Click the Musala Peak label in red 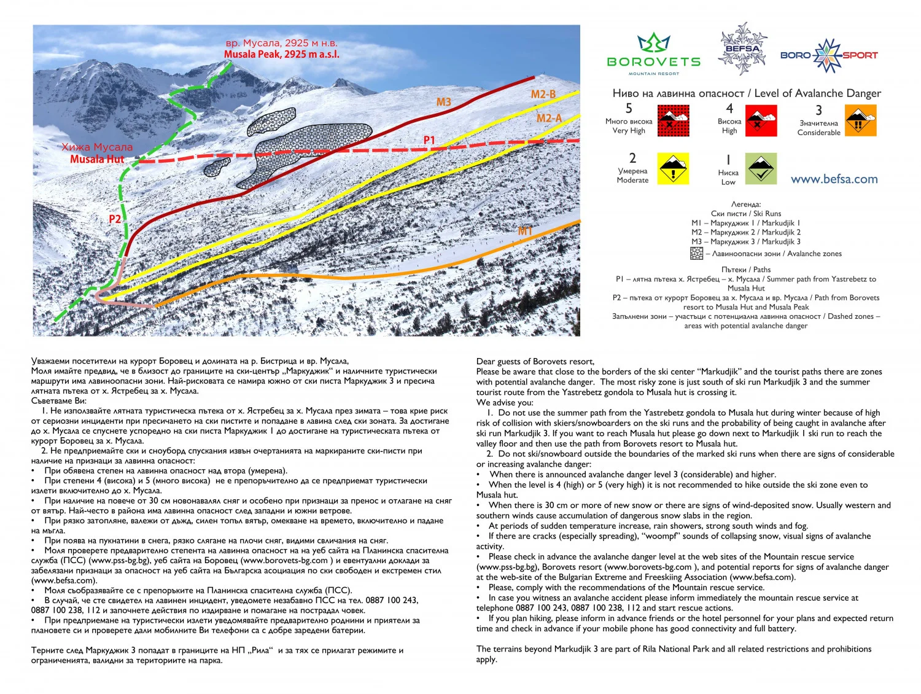pyautogui.click(x=281, y=54)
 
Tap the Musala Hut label pyautogui.click(x=97, y=159)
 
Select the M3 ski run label pyautogui.click(x=444, y=102)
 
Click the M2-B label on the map pyautogui.click(x=543, y=94)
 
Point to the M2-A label pyautogui.click(x=549, y=118)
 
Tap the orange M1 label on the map pyautogui.click(x=525, y=231)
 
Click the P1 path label pyautogui.click(x=429, y=141)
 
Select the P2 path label pyautogui.click(x=115, y=219)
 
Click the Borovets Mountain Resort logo pyautogui.click(x=653, y=54)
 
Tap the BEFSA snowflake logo pyautogui.click(x=743, y=49)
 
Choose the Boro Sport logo pyautogui.click(x=829, y=55)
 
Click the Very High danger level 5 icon pyautogui.click(x=673, y=120)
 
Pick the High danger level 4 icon pyautogui.click(x=761, y=120)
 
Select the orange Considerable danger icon pyautogui.click(x=861, y=120)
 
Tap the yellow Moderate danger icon pyautogui.click(x=674, y=169)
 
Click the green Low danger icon pyautogui.click(x=761, y=169)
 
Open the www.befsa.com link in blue pyautogui.click(x=834, y=179)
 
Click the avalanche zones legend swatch pyautogui.click(x=696, y=253)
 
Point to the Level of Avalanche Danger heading pyautogui.click(x=746, y=93)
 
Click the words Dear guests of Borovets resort pyautogui.click(x=535, y=361)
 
